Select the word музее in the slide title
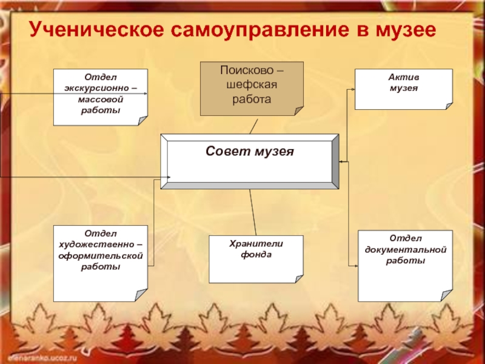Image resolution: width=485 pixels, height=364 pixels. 404,30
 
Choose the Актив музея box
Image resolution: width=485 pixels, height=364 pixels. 403,89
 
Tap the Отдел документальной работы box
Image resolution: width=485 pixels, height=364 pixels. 405,265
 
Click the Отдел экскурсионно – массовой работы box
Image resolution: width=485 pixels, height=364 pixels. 100,97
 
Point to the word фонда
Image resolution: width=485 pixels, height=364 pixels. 256,255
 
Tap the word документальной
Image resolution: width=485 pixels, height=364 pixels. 406,249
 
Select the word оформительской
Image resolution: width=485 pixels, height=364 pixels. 100,256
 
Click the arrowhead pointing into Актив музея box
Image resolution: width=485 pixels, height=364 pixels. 352,90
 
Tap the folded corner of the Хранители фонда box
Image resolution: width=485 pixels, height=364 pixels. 298,278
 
